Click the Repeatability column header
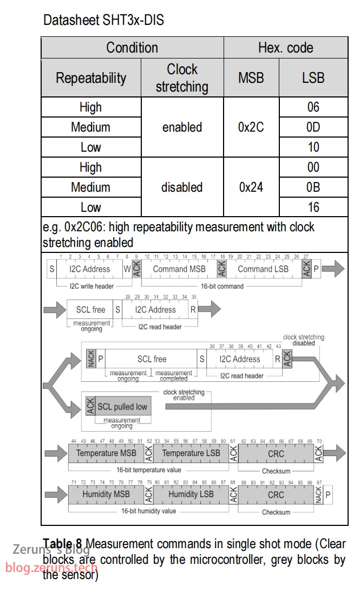pos(91,78)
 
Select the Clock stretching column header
pos(182,78)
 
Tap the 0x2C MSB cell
pos(251,127)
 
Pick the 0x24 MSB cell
pos(251,187)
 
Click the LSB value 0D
pos(313,127)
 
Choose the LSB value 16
pos(313,207)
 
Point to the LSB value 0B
pos(313,187)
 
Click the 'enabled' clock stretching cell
pos(182,127)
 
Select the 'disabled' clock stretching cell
pos(182,187)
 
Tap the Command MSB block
pos(179,269)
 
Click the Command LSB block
pos(263,269)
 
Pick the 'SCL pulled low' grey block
pos(122,407)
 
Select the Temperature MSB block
pos(106,453)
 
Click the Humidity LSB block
pos(191,494)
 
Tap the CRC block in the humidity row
pos(276,495)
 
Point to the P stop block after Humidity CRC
pos(328,494)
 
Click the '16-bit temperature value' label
pos(149,470)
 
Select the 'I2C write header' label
pos(91,285)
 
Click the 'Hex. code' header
pos(285,48)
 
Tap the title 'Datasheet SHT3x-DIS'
pos(103,21)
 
